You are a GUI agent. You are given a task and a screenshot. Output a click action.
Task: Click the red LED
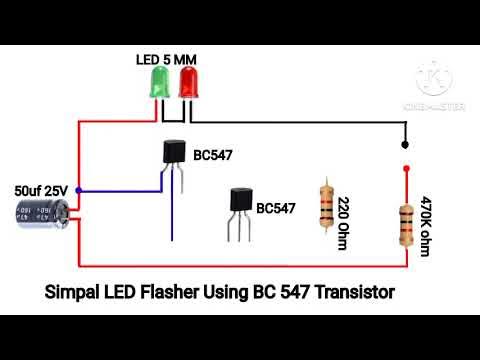pyautogui.click(x=187, y=83)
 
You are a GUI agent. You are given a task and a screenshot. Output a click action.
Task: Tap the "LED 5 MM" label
pyautogui.click(x=166, y=60)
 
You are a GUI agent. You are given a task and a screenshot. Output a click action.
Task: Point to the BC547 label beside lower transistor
pyautogui.click(x=276, y=208)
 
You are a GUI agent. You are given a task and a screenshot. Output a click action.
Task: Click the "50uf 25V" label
pyautogui.click(x=41, y=188)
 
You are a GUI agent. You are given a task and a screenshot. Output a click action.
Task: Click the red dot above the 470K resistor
pyautogui.click(x=405, y=169)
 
